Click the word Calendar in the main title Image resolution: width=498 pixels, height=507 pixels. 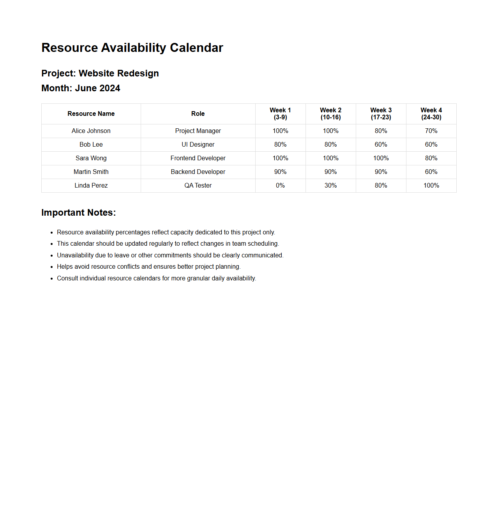196,48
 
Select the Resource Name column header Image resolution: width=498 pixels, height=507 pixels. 91,114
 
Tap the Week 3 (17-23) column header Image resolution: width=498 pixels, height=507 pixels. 381,114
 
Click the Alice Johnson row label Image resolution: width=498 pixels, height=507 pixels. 91,131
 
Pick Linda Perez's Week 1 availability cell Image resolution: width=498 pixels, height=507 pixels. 280,186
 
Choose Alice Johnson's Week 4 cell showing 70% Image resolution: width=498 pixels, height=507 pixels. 431,131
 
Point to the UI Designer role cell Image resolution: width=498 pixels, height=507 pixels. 198,145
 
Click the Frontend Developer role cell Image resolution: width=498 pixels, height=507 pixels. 198,158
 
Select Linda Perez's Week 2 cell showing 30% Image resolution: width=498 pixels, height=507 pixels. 330,186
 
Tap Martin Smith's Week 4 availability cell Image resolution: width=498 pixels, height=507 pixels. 431,172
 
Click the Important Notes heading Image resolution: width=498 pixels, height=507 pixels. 79,213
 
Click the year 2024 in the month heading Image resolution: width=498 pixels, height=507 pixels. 109,88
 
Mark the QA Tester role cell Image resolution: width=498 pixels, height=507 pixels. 198,186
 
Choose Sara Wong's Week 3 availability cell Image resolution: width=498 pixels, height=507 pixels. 381,158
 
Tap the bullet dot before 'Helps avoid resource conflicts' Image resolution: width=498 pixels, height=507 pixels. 51,267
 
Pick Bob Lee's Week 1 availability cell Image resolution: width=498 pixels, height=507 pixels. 280,145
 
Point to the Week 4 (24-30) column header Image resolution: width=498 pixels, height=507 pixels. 431,114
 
